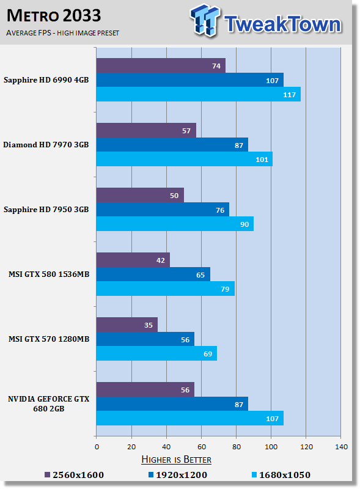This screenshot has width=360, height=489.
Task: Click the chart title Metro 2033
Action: (x=54, y=16)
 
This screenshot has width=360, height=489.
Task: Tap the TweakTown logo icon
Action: (x=205, y=20)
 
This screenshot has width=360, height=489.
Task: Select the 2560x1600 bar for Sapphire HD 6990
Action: (x=161, y=65)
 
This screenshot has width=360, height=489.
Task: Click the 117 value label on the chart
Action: (x=289, y=95)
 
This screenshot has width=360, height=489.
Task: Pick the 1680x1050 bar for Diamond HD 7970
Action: (x=185, y=159)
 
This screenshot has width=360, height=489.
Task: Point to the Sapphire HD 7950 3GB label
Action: (x=46, y=209)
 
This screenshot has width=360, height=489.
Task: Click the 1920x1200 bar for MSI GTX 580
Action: (x=153, y=274)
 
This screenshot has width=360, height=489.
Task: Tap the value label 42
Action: (x=160, y=260)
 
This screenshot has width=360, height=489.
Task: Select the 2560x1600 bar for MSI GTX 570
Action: (x=127, y=325)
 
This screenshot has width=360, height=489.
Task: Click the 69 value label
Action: (x=208, y=354)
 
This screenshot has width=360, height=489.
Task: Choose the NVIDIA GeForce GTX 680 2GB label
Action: (x=49, y=403)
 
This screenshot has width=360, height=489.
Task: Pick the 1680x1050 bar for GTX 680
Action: (x=190, y=418)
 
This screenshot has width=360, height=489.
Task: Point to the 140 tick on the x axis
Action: (x=341, y=447)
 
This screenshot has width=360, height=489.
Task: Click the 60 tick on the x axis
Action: (x=202, y=447)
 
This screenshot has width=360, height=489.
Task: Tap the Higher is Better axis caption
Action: (x=176, y=460)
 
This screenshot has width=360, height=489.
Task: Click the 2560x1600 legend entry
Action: (x=74, y=475)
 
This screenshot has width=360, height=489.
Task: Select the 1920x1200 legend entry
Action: (x=177, y=475)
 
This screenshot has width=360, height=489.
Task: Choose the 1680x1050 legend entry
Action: (x=281, y=475)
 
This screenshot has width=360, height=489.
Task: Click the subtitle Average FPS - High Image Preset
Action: (x=63, y=33)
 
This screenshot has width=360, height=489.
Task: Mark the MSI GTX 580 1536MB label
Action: (x=49, y=274)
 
